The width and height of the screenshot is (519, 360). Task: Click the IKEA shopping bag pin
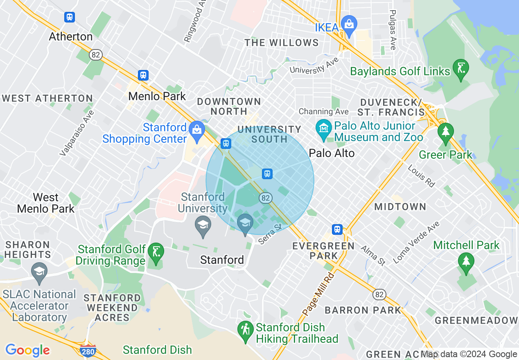pos(349,25)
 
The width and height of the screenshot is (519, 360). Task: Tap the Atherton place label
pos(71,36)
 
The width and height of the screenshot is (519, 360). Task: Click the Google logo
pos(27,350)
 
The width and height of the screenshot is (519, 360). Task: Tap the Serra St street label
pos(271,234)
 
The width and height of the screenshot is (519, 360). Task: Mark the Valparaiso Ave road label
pos(77,133)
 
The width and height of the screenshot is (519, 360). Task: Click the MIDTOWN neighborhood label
pos(400,207)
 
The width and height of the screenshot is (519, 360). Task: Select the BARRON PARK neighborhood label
pos(363,310)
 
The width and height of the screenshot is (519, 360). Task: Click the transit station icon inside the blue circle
pos(267,174)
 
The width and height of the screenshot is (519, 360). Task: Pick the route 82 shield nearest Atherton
pos(96,55)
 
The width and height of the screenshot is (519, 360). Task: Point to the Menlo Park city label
pos(157,96)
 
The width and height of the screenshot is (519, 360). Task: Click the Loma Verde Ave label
pos(416,242)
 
